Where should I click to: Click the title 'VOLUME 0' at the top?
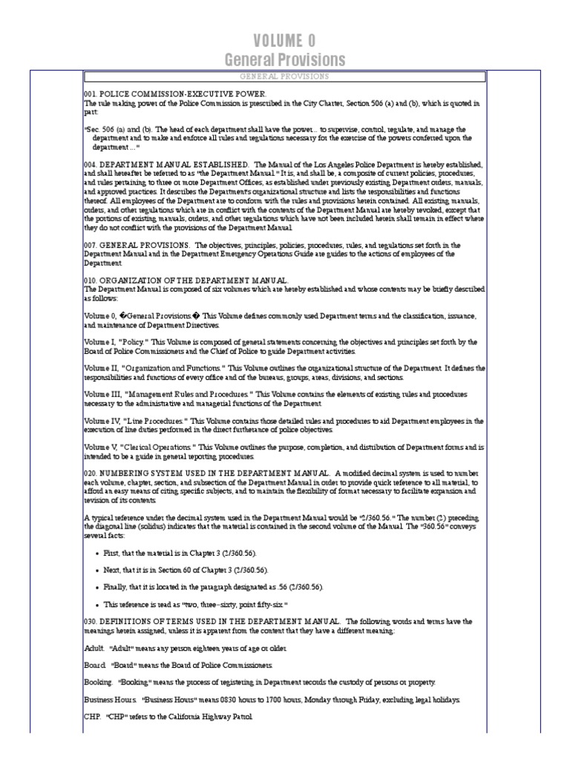pos(285,40)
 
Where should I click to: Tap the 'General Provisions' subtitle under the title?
pos(285,59)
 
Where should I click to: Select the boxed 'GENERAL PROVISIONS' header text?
pos(285,76)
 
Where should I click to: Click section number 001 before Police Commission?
pos(91,95)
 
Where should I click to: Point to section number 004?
pos(91,163)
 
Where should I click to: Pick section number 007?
pos(91,245)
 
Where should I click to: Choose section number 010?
pos(91,279)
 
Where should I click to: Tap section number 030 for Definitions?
pos(91,620)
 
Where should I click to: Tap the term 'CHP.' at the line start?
pos(94,717)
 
